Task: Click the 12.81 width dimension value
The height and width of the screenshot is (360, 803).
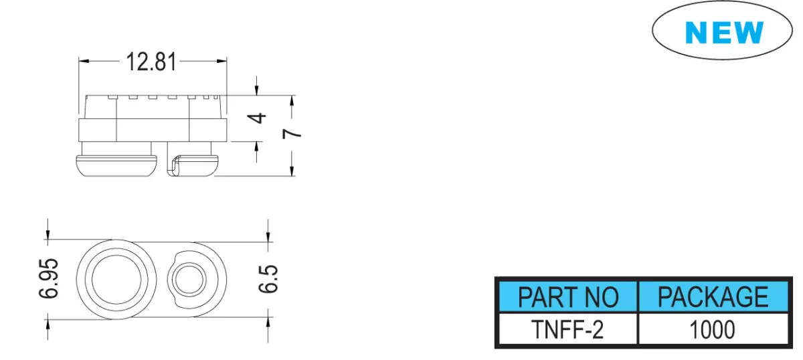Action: coord(151,62)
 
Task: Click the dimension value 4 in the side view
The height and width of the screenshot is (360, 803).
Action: coord(257,118)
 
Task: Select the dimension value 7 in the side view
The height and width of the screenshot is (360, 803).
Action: coord(292,133)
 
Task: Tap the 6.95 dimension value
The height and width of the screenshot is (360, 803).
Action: coord(49,278)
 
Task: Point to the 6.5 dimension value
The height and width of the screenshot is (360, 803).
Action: coord(268,279)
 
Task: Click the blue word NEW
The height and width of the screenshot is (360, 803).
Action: coord(724,32)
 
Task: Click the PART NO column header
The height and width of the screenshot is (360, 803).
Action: coord(568,297)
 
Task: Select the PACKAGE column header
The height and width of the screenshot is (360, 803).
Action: coord(713,296)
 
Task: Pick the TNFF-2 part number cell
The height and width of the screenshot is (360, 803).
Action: coord(567,329)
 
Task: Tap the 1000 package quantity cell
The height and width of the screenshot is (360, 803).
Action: coord(712,329)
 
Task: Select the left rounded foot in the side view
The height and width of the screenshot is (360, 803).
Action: coord(116,166)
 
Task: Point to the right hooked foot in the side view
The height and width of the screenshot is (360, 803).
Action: coord(193,166)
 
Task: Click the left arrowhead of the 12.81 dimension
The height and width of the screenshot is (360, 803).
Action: coord(84,61)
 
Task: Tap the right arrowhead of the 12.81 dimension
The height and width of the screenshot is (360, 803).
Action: coord(221,61)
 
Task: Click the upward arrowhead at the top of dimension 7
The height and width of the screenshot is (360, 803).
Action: coord(292,101)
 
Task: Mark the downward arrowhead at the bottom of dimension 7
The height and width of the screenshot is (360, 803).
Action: coord(292,171)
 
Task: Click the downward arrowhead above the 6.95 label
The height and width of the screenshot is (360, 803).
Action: coord(48,234)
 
